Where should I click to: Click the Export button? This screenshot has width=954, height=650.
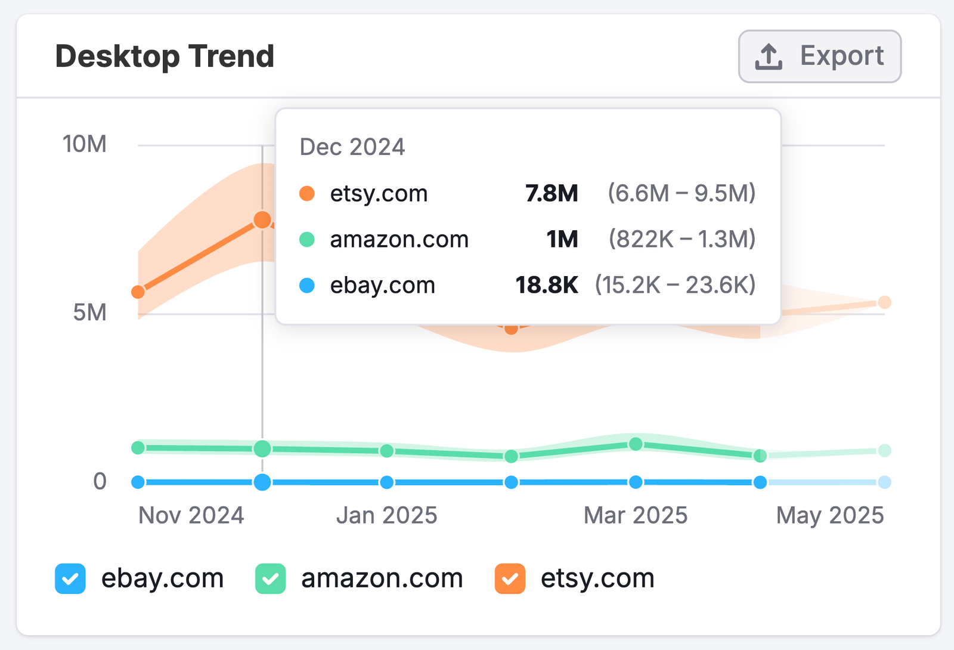tap(819, 57)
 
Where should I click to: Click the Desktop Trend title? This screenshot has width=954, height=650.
tap(165, 57)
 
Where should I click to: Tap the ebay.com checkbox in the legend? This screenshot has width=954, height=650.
tap(70, 578)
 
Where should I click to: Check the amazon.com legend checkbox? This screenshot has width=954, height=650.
tap(271, 578)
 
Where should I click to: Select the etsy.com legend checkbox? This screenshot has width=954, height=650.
tap(510, 578)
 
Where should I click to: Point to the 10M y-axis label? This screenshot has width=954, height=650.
tap(85, 144)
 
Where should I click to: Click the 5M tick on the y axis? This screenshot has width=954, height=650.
tap(89, 312)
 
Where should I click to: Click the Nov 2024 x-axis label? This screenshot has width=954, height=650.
tap(191, 515)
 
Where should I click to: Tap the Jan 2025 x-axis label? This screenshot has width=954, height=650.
tap(386, 515)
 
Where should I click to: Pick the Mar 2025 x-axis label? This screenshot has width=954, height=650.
tap(636, 515)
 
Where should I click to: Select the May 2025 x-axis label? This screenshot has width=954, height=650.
tap(830, 515)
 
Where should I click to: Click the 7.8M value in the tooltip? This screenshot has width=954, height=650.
tap(552, 193)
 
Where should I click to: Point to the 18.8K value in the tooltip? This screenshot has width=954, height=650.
tap(547, 285)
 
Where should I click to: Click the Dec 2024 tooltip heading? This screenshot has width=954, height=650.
tap(352, 147)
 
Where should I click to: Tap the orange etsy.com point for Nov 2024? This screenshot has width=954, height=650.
tap(138, 292)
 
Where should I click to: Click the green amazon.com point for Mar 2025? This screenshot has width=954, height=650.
tap(636, 444)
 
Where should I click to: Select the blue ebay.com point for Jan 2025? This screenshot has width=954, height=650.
tap(387, 482)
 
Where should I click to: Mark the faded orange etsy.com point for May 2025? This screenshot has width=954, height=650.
tap(885, 302)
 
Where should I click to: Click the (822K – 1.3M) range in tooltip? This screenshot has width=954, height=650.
tap(682, 239)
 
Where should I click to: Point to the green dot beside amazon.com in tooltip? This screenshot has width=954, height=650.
tap(307, 240)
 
